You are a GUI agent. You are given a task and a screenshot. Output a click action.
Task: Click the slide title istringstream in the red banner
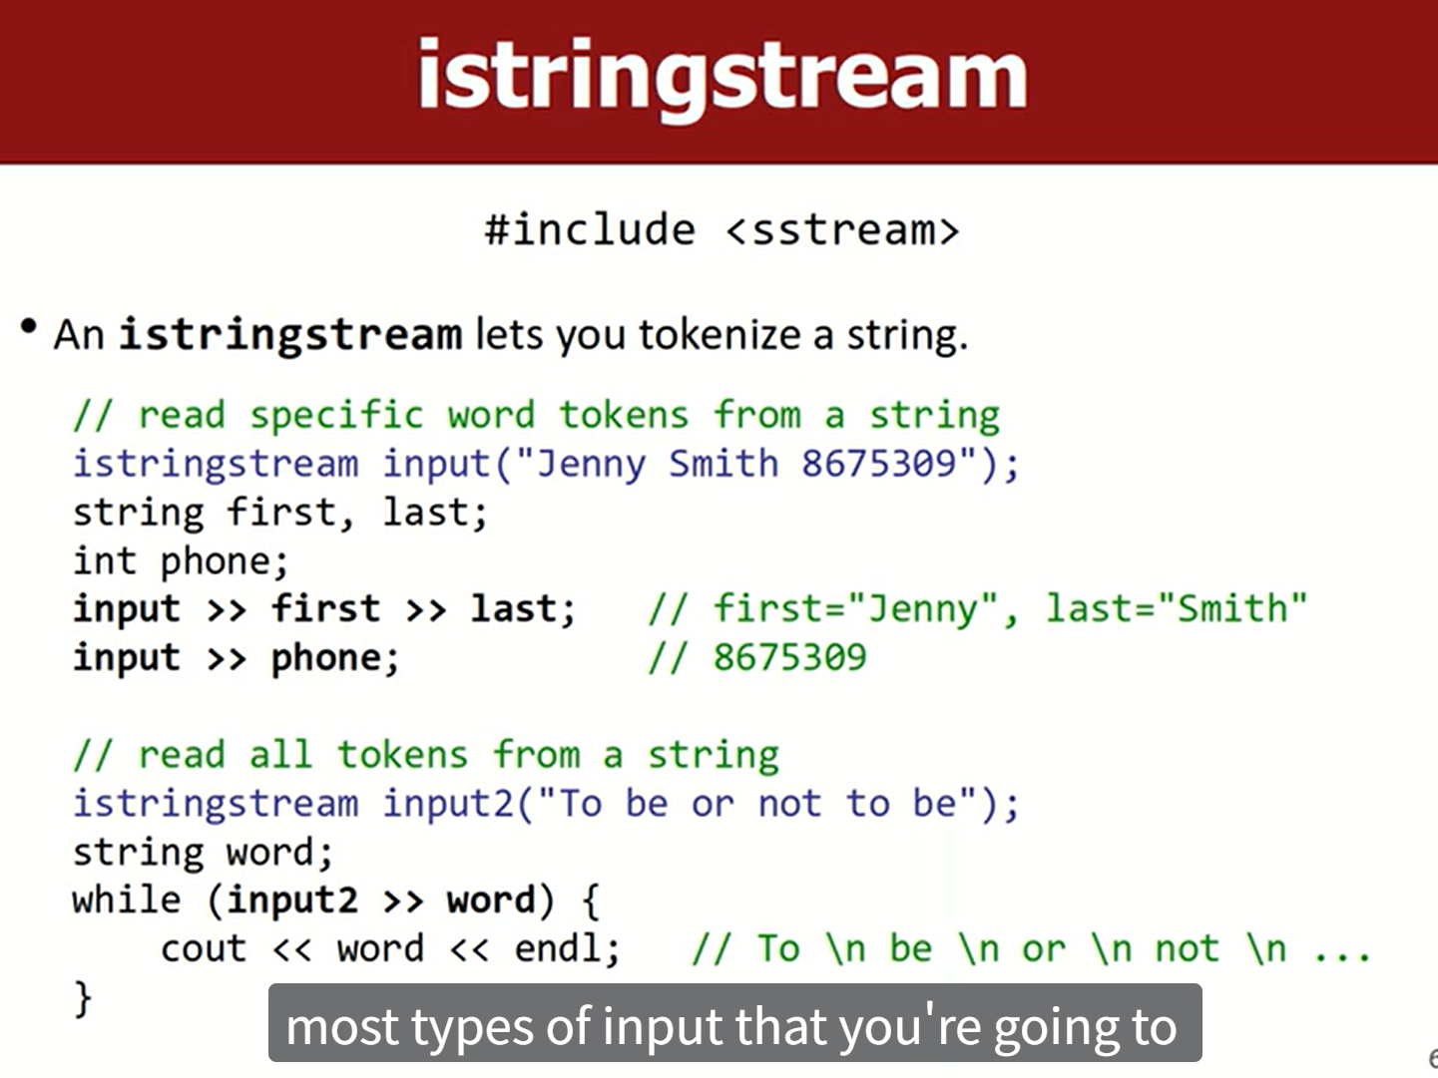click(x=721, y=75)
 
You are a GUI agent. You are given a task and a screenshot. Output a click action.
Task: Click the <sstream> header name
click(x=842, y=230)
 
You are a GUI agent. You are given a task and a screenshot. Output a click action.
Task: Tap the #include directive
click(x=590, y=229)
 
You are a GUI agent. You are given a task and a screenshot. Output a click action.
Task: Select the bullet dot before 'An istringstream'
click(x=28, y=326)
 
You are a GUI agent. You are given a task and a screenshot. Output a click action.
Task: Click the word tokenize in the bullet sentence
click(x=719, y=334)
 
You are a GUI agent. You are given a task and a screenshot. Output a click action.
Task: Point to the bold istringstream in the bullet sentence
click(x=290, y=335)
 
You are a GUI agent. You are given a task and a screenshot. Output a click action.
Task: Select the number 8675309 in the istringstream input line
click(x=879, y=464)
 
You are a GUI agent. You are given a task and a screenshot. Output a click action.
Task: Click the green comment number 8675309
click(x=789, y=657)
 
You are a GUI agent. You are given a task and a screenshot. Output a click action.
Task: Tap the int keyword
click(x=104, y=560)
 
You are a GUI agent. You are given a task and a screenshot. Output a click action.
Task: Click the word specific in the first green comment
click(x=336, y=416)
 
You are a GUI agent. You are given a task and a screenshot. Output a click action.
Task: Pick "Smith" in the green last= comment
click(x=1232, y=608)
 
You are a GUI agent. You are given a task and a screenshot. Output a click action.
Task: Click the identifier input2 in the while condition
click(x=292, y=900)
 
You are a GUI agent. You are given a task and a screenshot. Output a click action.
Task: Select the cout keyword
click(x=204, y=949)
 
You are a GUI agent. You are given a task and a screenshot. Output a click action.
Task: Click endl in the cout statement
click(x=559, y=948)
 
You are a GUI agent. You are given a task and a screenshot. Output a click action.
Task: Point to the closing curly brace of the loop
click(x=83, y=999)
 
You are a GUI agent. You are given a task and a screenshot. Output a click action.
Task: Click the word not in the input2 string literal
click(x=789, y=804)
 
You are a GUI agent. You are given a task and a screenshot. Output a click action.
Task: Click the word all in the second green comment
click(x=280, y=754)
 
